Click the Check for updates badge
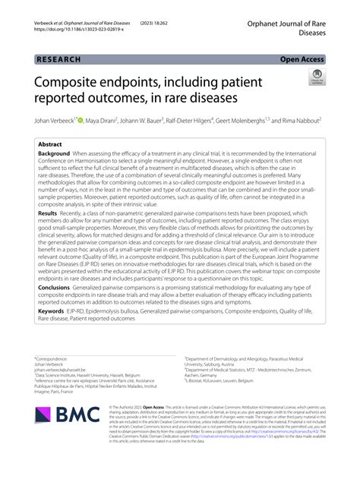317,77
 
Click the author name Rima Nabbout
299,120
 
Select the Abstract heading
50,143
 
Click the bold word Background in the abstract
53,153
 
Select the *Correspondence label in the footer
51,358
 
